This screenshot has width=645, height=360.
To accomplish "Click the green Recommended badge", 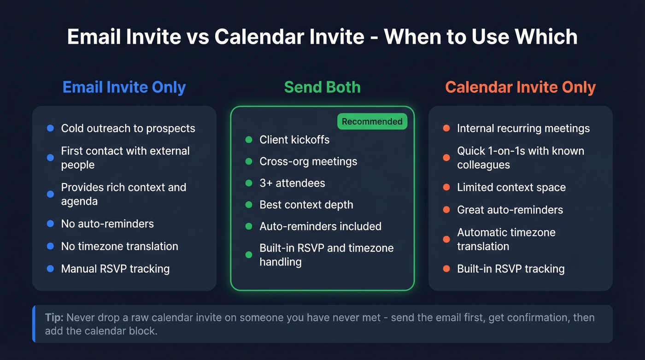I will [372, 122].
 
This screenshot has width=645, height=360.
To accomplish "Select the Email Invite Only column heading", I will [124, 87].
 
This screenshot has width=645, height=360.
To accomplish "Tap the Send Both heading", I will [322, 87].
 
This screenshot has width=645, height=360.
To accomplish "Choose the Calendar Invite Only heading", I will [520, 87].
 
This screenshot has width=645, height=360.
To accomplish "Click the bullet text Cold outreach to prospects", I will [128, 128].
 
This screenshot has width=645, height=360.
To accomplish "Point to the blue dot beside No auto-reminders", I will [51, 224].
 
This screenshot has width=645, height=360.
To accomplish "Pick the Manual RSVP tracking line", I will [115, 269].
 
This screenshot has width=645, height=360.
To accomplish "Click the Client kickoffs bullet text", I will [294, 140].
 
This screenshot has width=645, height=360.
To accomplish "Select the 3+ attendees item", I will [292, 183].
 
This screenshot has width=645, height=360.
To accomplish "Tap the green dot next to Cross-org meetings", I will [249, 161].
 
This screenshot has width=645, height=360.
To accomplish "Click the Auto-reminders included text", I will [320, 226].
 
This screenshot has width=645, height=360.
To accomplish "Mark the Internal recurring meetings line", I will [523, 128].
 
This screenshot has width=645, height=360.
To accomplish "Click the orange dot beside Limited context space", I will [446, 188].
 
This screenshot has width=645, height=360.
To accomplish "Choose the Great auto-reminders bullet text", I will [510, 210].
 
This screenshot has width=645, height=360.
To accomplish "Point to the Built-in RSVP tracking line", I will [510, 269].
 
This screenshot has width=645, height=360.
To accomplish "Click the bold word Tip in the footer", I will [54, 318].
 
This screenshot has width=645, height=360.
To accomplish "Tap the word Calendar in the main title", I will [289, 37].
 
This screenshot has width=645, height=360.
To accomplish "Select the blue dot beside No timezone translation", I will [51, 247].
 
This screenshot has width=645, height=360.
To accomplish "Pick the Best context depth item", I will [306, 205].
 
